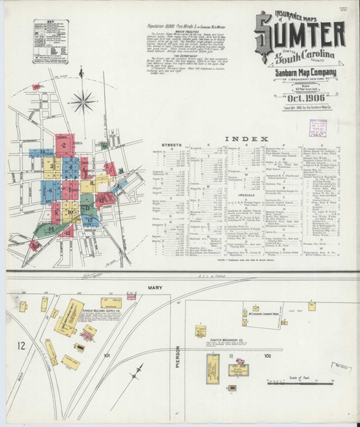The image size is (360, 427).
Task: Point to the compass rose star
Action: [83, 100]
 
